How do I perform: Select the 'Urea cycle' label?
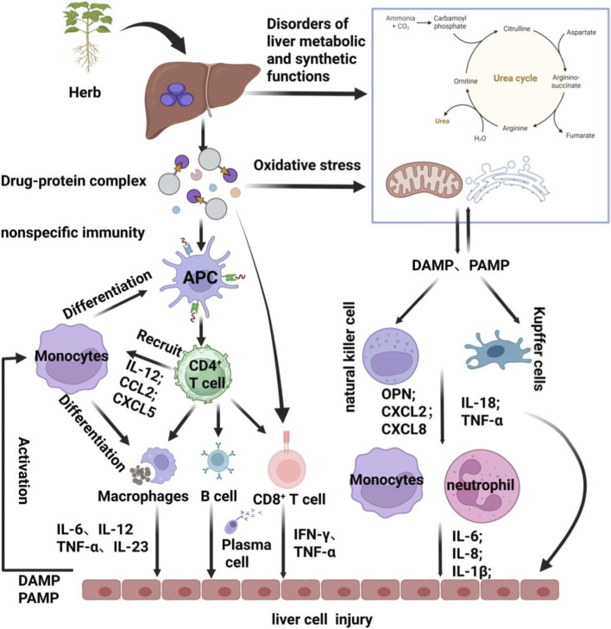(x=515, y=78)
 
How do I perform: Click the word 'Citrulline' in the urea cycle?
(x=517, y=28)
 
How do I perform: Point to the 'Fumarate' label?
(x=580, y=135)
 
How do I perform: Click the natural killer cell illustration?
(x=390, y=355)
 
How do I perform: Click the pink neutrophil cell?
(x=480, y=486)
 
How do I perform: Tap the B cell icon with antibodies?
(x=218, y=461)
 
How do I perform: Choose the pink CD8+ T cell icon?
(x=287, y=465)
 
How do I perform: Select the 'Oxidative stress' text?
(x=307, y=166)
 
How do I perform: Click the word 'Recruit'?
(x=159, y=343)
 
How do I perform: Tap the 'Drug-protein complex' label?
(x=73, y=181)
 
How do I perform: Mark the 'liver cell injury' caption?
(x=322, y=620)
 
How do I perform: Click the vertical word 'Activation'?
(x=24, y=470)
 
